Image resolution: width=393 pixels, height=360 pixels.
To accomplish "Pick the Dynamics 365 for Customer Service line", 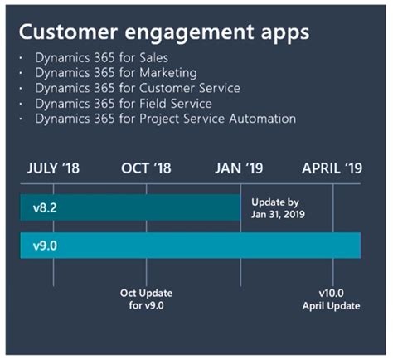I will point(138,88).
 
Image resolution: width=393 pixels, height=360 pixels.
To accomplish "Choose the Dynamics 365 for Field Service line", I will point(124,103).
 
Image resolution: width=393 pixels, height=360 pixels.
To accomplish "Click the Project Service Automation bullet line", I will point(165,119).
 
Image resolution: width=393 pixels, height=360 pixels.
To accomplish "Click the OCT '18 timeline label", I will point(146,168).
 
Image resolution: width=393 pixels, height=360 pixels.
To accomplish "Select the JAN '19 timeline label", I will point(240,168).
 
